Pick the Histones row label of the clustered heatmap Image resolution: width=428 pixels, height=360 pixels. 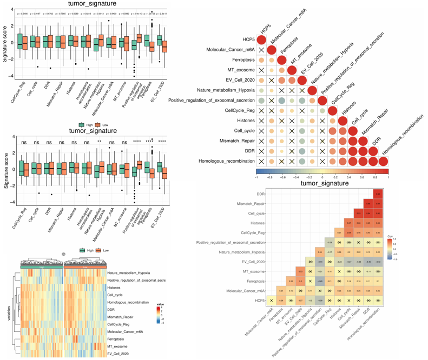pyautogui.click(x=115, y=288)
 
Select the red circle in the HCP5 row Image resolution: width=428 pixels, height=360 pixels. pyautogui.click(x=261, y=40)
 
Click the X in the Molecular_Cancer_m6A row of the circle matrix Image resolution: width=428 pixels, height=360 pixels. pyautogui.click(x=261, y=50)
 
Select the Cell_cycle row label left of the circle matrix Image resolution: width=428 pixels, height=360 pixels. pyautogui.click(x=240, y=131)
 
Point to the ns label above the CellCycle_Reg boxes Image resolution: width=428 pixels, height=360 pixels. pyautogui.click(x=23, y=143)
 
